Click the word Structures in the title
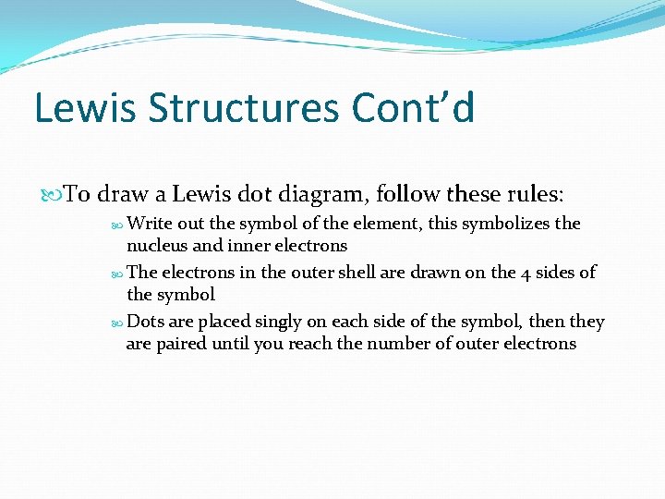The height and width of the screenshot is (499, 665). tap(245, 108)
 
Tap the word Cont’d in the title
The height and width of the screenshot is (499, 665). tap(413, 108)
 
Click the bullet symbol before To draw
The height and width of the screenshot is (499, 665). tap(53, 196)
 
